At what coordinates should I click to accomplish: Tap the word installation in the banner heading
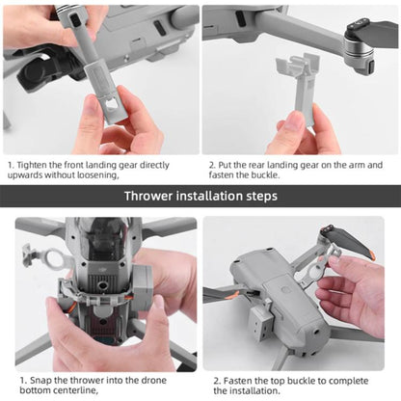pyautogui.click(x=213, y=196)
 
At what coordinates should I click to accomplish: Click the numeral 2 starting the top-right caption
pyautogui.click(x=212, y=165)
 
